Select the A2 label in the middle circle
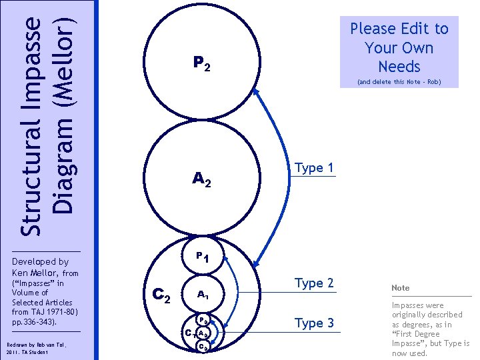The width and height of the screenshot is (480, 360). coord(201,178)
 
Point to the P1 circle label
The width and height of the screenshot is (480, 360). coord(202,257)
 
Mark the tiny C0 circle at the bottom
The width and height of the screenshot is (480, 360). coord(205,346)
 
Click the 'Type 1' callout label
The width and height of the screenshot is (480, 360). coord(313,168)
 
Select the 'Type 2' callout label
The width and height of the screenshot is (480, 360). coord(313,283)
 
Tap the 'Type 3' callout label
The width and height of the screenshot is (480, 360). coord(313,323)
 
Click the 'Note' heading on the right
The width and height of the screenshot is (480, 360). coord(401,288)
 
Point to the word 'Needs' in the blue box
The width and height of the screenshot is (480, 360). coord(399,67)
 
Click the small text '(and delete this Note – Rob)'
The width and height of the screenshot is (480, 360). coord(399,83)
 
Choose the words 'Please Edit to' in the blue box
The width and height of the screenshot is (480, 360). coord(399,29)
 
